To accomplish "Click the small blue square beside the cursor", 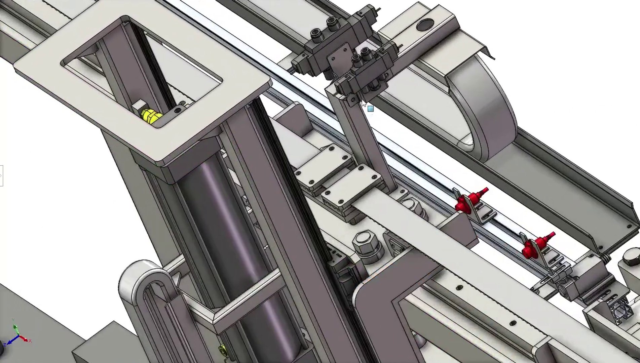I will click(371, 109).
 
